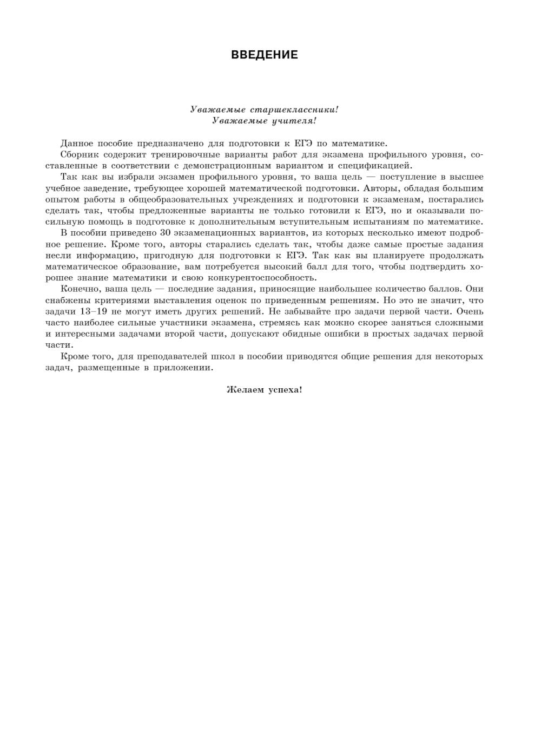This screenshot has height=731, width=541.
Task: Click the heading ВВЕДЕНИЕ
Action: pos(264,55)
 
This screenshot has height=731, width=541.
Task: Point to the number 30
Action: pos(166,233)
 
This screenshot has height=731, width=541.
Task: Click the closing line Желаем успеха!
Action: pos(264,389)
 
